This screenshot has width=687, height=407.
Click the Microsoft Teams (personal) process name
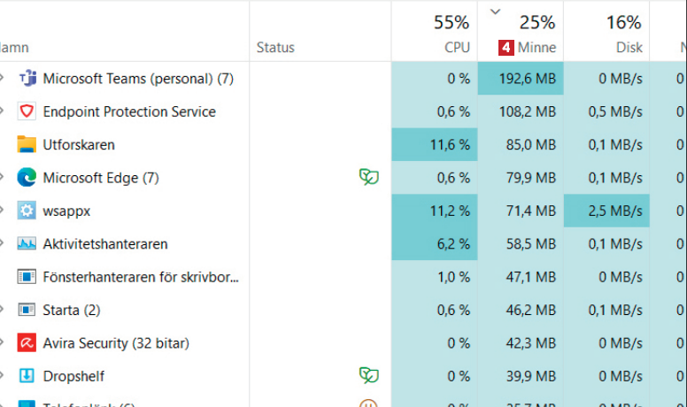(137, 79)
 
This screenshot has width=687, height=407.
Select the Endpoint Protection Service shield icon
(27, 111)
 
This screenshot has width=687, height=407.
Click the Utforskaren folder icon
(27, 145)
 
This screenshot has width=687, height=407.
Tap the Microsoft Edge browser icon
(27, 178)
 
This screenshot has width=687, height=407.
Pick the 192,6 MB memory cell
(521, 79)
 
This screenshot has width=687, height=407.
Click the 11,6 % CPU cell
(435, 145)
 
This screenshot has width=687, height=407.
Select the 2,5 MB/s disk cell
(606, 211)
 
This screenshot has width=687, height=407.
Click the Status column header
(275, 48)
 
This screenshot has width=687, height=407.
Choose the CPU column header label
(457, 48)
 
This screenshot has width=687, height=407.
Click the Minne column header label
(536, 48)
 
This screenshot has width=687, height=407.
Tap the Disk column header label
(629, 48)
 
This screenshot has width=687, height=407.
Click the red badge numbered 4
(506, 48)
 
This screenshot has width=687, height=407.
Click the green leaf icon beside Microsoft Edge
(368, 177)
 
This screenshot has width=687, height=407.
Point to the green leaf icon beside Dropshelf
(368, 375)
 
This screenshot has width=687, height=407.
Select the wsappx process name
(66, 211)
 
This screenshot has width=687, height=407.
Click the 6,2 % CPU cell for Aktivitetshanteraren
(435, 243)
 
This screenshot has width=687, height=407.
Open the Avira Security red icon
(27, 343)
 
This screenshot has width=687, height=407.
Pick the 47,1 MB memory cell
(521, 277)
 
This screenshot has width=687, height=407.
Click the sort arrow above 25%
(495, 12)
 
